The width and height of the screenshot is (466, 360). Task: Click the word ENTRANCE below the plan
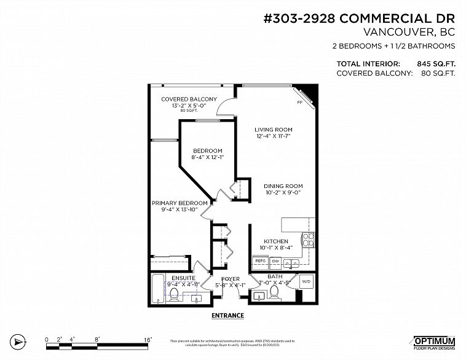coord(227,316)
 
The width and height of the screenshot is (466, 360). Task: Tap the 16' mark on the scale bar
coord(148,338)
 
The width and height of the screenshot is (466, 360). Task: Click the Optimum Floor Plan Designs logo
coord(433,342)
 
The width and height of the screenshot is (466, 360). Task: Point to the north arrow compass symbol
coord(18,341)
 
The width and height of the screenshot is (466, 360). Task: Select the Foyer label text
coord(230,279)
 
